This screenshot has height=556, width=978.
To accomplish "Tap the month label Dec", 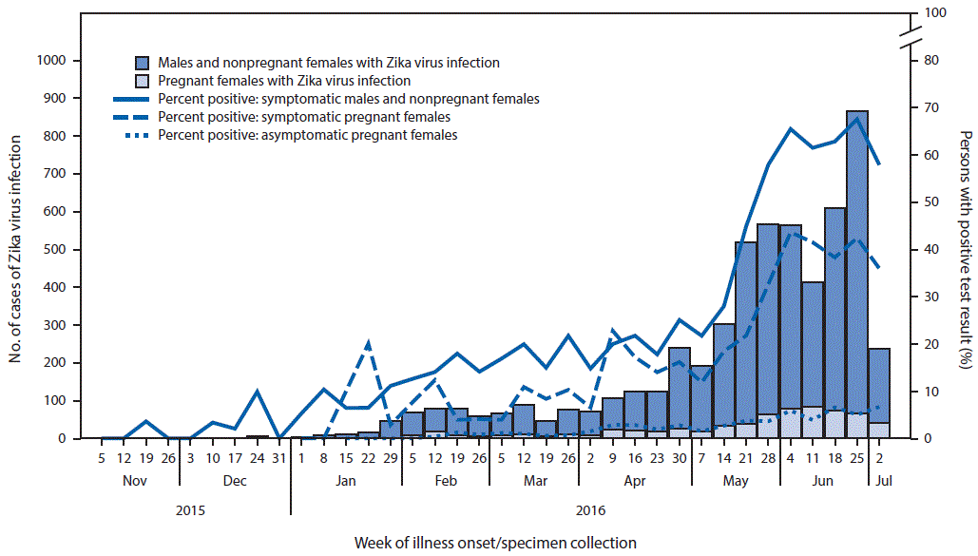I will [x=235, y=482].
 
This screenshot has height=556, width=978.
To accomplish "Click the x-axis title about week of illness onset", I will [x=495, y=543].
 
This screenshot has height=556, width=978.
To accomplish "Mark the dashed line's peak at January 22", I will [x=368, y=341].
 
